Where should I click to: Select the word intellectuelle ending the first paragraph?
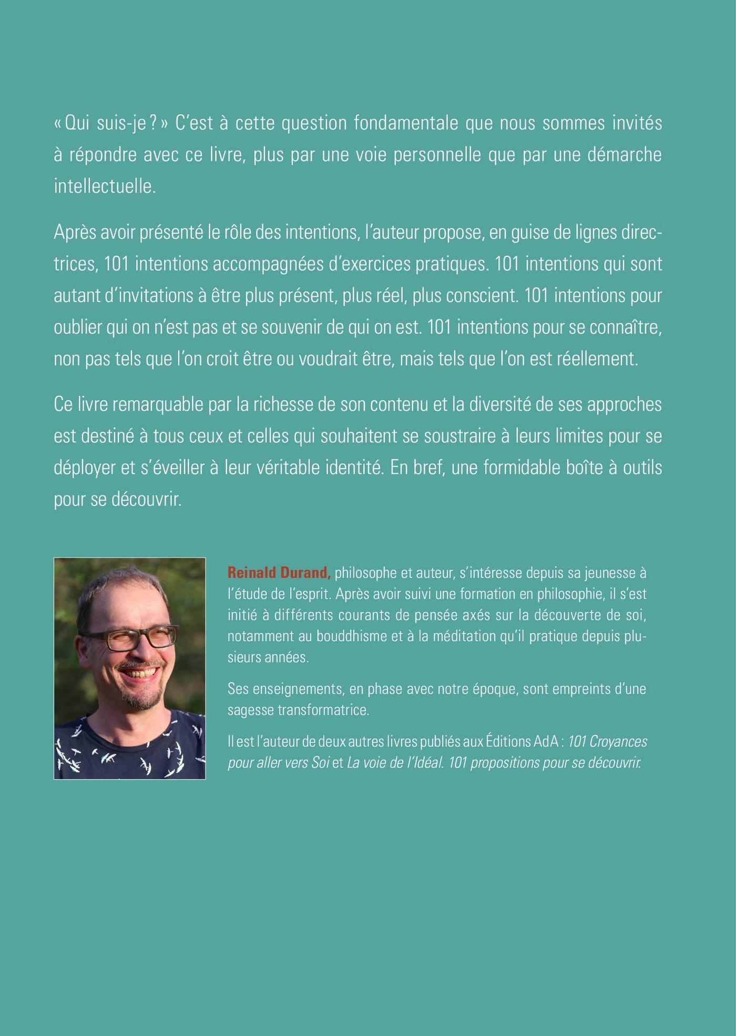pyautogui.click(x=105, y=187)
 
